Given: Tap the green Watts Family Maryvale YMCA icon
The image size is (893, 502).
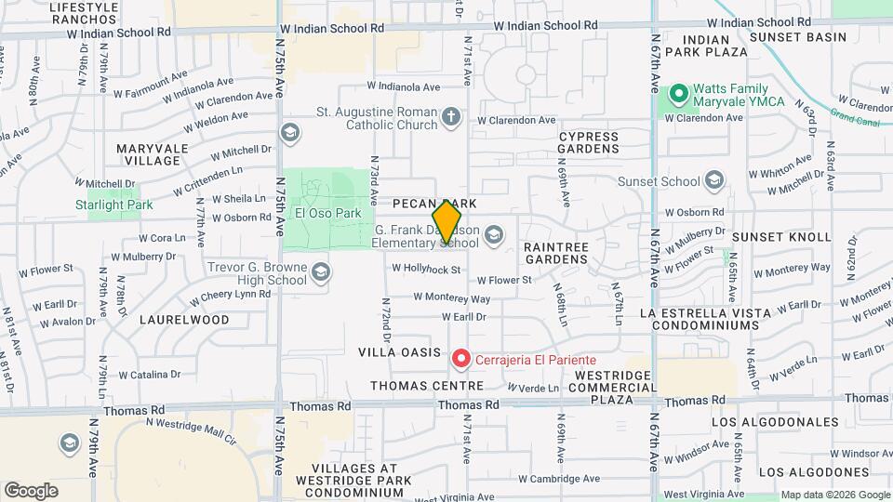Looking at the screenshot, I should (679, 94).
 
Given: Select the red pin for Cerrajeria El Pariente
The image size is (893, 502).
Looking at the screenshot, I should (460, 358).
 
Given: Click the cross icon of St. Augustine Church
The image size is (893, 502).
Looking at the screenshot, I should (451, 117).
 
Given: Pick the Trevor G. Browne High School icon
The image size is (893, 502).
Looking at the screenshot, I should (321, 271).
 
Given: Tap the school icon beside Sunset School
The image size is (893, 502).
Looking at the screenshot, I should (714, 178).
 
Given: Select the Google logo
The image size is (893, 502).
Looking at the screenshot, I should (30, 491).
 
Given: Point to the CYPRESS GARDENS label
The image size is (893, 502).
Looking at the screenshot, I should (588, 142).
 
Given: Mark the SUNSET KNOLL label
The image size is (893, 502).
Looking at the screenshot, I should (795, 237).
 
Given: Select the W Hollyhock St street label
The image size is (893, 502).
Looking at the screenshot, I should (426, 270).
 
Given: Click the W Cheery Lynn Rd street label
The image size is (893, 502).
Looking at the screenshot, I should (231, 296).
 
